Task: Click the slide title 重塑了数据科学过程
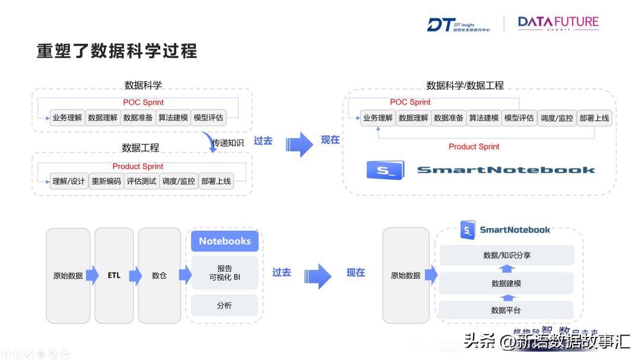[x=117, y=50]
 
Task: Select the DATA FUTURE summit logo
[x=558, y=24]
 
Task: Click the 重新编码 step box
[x=106, y=181]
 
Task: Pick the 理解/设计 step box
[x=68, y=181]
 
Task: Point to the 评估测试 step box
[x=142, y=181]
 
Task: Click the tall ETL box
[x=114, y=275]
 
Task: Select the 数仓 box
[x=159, y=275]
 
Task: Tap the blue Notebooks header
[x=224, y=241]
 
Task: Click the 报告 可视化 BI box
[x=224, y=273]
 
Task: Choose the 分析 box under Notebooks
[x=224, y=305]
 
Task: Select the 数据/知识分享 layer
[x=507, y=255]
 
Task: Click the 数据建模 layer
[x=507, y=283]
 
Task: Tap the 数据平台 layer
[x=507, y=310]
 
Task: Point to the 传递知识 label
[x=228, y=143]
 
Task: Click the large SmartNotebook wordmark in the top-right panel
[x=506, y=170]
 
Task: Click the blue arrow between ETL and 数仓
[x=136, y=275]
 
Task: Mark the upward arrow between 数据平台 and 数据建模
[x=507, y=297]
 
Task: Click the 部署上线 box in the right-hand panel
[x=594, y=118]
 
